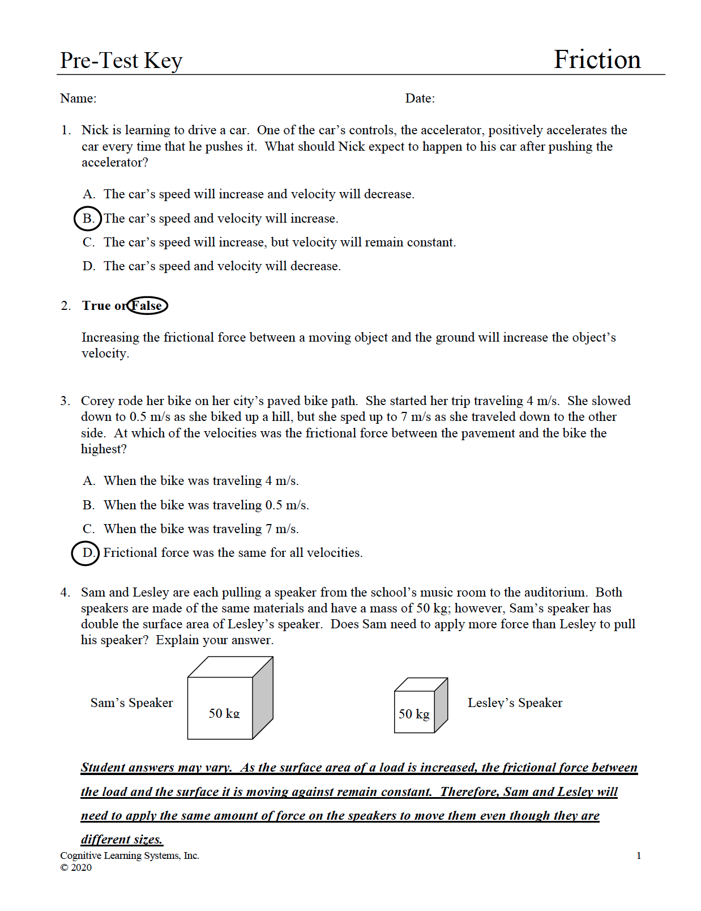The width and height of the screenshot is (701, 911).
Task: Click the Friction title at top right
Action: [597, 59]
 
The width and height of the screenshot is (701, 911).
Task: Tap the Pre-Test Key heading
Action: [121, 61]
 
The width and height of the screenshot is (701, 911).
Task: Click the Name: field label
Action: [78, 99]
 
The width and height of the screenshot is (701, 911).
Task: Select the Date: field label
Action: [420, 99]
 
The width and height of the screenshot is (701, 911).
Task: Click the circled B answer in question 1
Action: [88, 219]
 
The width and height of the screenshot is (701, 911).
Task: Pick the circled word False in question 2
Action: [147, 306]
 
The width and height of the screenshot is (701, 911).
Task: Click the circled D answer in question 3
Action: [86, 553]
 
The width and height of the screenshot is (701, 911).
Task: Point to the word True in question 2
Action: [96, 306]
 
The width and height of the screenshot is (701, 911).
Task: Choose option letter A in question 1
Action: [88, 194]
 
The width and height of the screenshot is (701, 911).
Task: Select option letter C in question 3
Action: [88, 529]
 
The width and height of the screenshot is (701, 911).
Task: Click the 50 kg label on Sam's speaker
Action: [224, 713]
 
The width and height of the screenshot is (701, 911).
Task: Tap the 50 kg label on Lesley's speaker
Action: [414, 714]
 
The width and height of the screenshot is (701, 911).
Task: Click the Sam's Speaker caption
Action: [131, 703]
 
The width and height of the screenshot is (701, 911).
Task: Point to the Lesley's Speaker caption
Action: [515, 703]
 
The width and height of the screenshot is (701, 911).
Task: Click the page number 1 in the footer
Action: [639, 855]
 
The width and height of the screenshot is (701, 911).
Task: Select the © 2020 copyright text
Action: [76, 867]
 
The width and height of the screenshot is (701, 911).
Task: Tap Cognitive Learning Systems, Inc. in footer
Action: [130, 855]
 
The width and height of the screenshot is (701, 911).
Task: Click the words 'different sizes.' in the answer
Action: [122, 839]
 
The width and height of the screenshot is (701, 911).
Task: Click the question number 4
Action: [65, 593]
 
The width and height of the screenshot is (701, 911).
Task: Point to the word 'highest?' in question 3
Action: [104, 449]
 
